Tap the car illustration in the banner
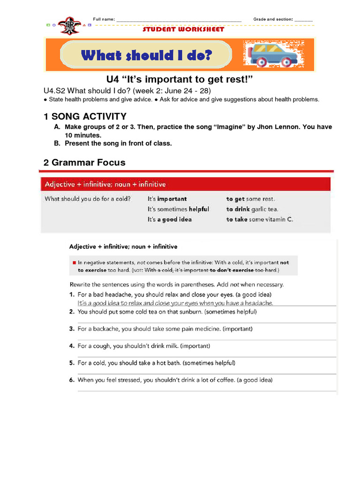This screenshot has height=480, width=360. click(270, 54)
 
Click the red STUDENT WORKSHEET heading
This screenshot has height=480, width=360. click(183, 30)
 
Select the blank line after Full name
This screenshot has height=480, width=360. click(179, 21)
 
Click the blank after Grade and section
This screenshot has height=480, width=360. click(304, 21)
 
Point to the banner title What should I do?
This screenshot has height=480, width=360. click(146, 55)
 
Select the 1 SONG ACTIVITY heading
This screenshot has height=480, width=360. click(85, 117)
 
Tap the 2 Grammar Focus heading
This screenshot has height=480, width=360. click(84, 163)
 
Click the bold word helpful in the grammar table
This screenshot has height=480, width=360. click(199, 209)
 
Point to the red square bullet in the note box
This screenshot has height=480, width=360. click(74, 263)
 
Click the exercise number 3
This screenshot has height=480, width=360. click(72, 329)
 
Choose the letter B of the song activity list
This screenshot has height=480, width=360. click(57, 143)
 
